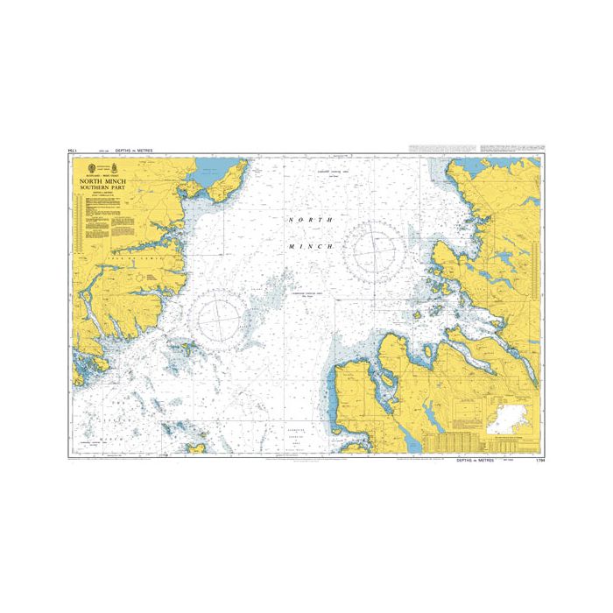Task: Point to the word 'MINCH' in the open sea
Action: (x=310, y=247)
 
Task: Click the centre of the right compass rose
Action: (x=376, y=247)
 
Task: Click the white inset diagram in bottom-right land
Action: (x=507, y=418)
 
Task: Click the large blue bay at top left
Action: (x=211, y=166)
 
